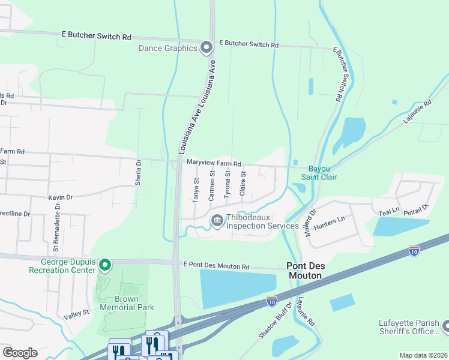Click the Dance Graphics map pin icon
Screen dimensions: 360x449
pos(206,47)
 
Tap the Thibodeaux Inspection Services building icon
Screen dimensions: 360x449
pos(217,221)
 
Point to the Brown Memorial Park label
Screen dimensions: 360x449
pos(127,303)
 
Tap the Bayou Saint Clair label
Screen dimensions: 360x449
pos(322,172)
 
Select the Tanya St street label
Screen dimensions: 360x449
pos(196,191)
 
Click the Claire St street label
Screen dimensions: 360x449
pos(243,183)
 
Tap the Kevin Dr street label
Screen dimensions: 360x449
pos(61,197)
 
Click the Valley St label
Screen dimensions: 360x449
pos(77,313)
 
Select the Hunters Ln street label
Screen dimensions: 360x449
pos(333,220)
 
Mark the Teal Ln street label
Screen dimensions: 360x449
pos(389,212)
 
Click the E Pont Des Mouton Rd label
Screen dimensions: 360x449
pos(217,266)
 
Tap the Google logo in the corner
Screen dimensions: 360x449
pos(20,352)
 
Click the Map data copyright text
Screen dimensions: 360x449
pos(423,355)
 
